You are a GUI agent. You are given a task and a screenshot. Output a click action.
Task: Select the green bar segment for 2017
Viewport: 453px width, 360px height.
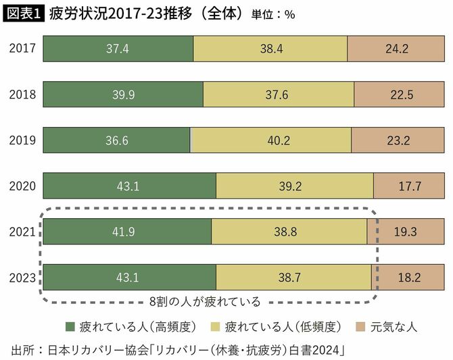pyautogui.click(x=118, y=49)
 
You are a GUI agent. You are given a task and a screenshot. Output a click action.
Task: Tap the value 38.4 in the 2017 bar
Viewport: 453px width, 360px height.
pyautogui.click(x=270, y=49)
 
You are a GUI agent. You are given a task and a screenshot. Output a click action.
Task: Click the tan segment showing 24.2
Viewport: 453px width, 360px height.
pyautogui.click(x=396, y=49)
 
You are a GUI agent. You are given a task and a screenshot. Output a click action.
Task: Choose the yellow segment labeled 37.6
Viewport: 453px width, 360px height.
pyautogui.click(x=278, y=95)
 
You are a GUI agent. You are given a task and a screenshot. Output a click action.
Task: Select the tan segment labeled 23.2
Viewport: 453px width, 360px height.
pyautogui.click(x=398, y=140)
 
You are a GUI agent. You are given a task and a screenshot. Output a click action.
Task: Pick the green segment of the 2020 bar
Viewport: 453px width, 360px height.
pyautogui.click(x=129, y=186)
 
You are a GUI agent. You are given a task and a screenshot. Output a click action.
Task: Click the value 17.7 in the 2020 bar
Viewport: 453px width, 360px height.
pyautogui.click(x=408, y=186)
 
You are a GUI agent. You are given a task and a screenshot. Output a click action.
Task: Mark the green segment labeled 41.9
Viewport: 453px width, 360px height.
pyautogui.click(x=127, y=231)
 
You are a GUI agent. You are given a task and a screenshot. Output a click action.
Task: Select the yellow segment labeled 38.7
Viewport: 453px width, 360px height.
pyautogui.click(x=293, y=277)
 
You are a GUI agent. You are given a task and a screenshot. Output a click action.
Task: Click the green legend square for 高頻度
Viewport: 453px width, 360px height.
pyautogui.click(x=70, y=327)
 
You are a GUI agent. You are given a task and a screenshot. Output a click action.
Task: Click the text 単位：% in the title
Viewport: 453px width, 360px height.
pyautogui.click(x=273, y=14)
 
